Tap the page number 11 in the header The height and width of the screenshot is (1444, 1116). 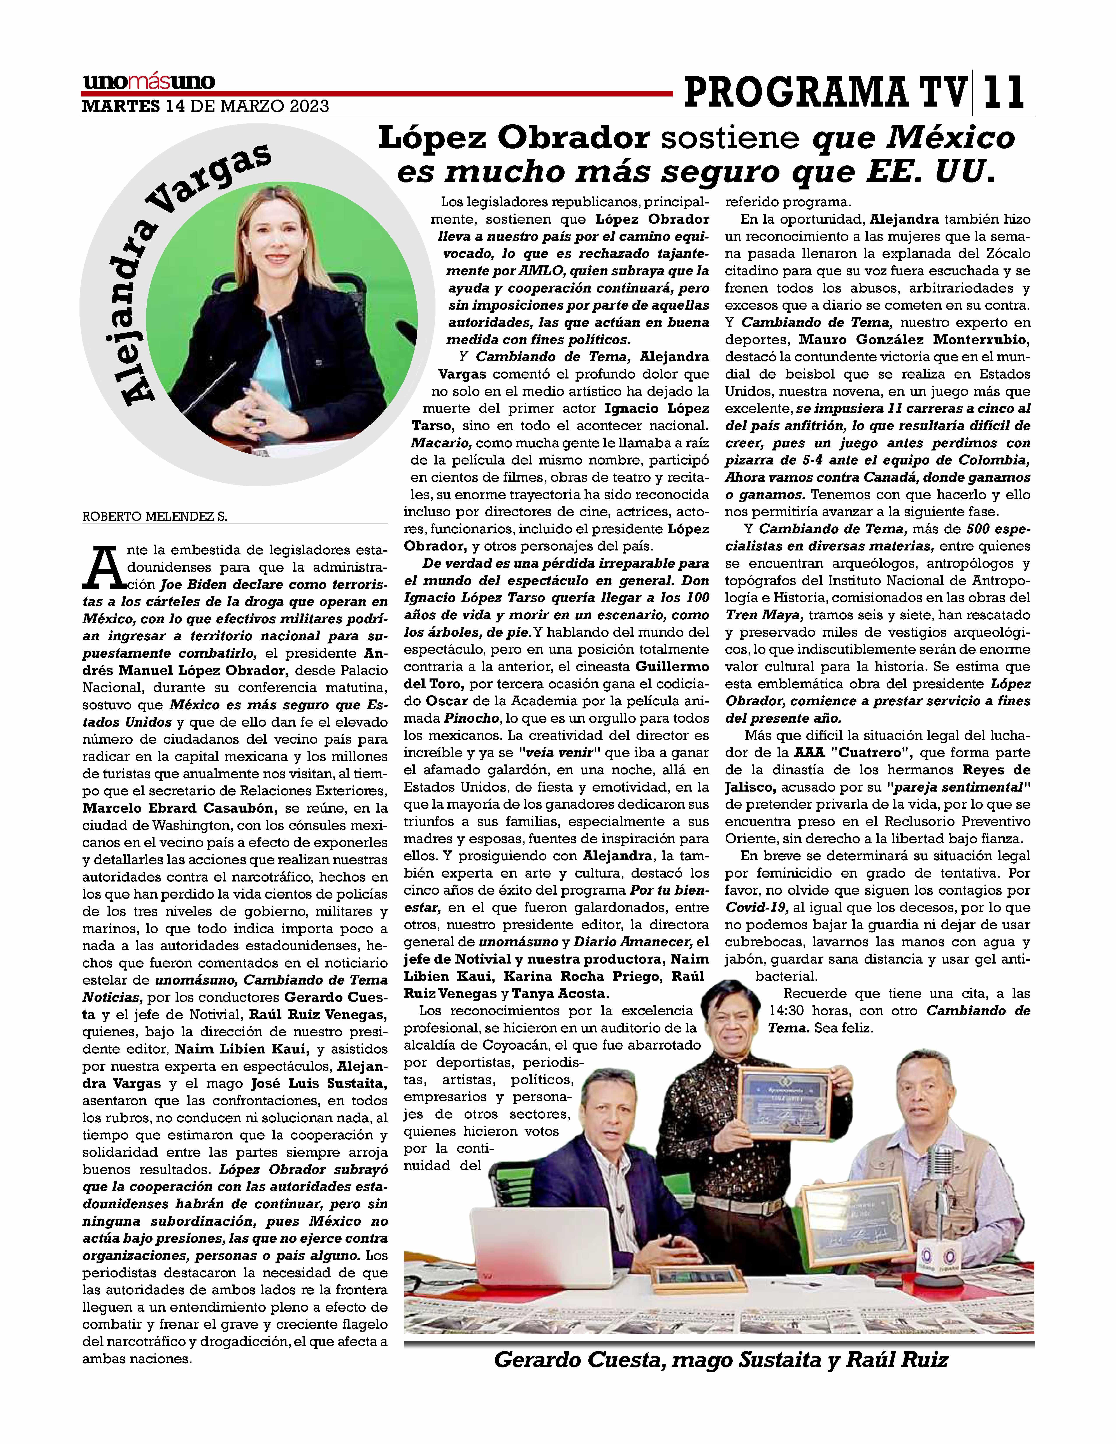click(x=1003, y=93)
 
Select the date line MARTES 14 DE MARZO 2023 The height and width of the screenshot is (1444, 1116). click(x=205, y=106)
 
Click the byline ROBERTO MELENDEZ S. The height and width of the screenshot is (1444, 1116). click(x=154, y=517)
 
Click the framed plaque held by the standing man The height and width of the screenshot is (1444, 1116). click(x=783, y=1101)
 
